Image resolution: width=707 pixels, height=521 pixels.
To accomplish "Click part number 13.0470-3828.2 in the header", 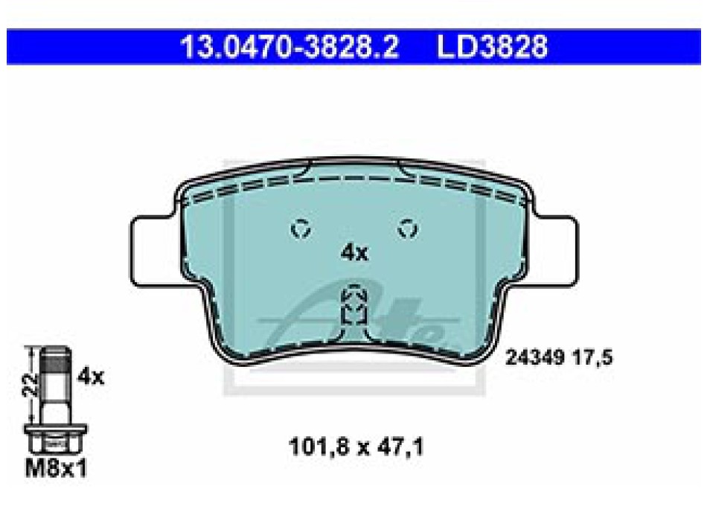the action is [x=289, y=47].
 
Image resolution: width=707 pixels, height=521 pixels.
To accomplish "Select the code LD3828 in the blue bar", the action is [x=493, y=47].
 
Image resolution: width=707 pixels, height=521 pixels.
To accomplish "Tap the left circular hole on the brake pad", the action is [x=301, y=228].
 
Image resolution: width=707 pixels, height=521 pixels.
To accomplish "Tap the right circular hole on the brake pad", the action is [x=408, y=228].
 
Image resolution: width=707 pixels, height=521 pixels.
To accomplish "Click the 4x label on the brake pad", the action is [x=354, y=252].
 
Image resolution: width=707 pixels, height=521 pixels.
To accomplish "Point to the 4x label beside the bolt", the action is [x=91, y=376].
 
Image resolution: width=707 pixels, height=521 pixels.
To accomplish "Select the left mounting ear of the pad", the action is [x=156, y=252].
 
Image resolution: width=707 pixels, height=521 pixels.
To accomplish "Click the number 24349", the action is [x=535, y=358].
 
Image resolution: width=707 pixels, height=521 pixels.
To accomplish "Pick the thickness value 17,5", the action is [x=592, y=358].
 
